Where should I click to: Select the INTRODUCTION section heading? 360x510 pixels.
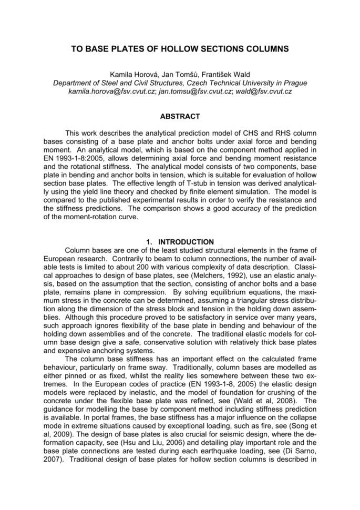coord(184,242)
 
